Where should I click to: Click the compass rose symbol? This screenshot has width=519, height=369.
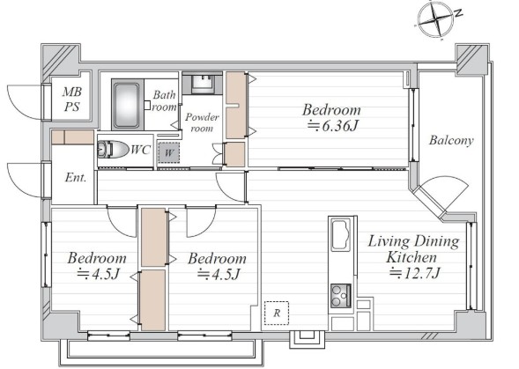click(435, 18)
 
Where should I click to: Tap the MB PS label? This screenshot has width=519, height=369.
click(72, 99)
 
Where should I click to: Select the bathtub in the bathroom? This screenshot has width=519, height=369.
click(125, 104)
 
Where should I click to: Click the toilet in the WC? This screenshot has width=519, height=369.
click(113, 149)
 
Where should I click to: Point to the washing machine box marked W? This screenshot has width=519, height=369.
click(169, 152)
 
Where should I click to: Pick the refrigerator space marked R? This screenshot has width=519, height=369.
click(277, 313)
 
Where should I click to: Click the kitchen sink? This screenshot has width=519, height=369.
click(341, 234)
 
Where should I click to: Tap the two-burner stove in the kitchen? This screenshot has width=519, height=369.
click(341, 296)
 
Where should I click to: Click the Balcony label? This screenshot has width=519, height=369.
click(451, 140)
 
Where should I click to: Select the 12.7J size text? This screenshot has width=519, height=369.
click(414, 273)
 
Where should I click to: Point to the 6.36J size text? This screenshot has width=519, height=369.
click(332, 125)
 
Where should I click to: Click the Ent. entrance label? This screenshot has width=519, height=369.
click(76, 178)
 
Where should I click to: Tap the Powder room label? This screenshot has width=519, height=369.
click(202, 122)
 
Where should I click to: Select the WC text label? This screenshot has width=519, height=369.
click(141, 150)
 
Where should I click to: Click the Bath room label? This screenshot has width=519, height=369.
click(164, 101)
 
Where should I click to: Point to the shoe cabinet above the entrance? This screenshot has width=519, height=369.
click(72, 137)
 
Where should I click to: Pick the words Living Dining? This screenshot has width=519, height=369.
click(414, 242)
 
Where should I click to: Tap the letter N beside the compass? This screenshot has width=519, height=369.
click(458, 13)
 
